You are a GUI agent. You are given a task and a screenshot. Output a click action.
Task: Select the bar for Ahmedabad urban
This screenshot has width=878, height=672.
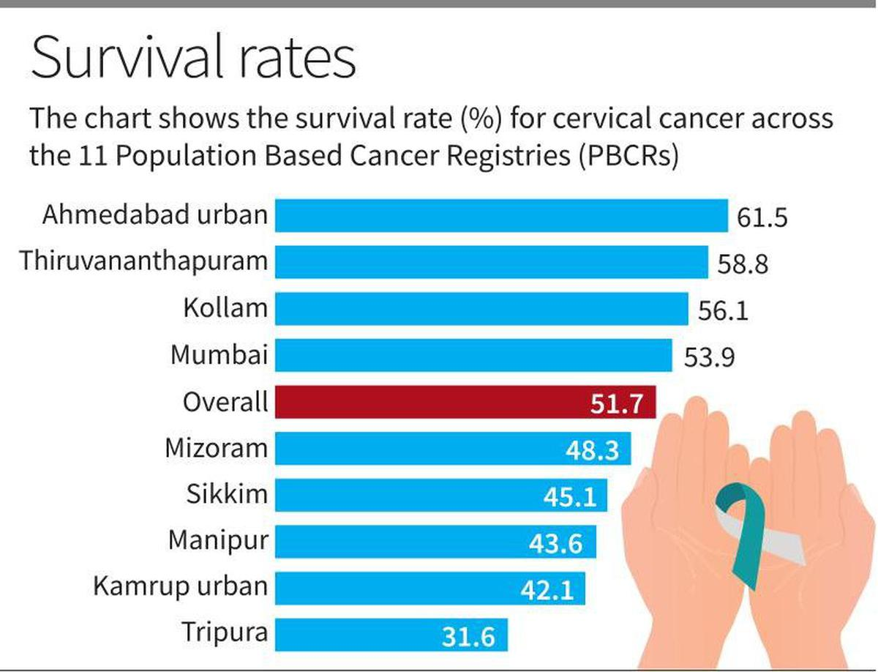point(501,215)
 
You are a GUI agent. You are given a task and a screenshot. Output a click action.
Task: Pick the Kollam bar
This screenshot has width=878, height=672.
point(481,308)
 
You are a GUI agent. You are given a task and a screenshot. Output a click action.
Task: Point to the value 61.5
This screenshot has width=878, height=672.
point(762,217)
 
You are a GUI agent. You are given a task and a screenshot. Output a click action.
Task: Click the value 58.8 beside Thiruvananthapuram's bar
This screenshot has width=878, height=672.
point(743,264)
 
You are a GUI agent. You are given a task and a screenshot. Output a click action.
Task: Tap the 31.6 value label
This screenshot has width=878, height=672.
point(468,636)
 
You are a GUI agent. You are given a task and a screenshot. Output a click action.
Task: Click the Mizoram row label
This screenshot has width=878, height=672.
point(217,447)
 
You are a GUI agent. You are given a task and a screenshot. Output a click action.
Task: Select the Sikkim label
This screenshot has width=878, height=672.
point(227,494)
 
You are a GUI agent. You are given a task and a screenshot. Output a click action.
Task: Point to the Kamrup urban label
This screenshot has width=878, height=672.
point(181,587)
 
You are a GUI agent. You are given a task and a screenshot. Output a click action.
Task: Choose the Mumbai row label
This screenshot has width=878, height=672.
point(219,355)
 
